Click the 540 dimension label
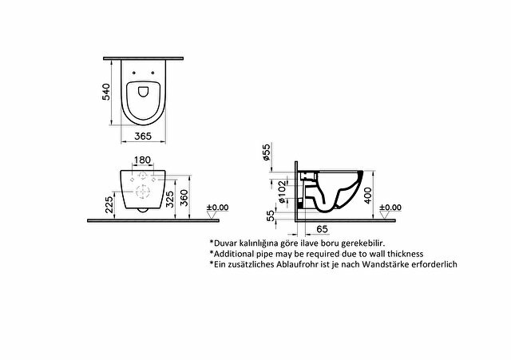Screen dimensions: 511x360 pos(106,92)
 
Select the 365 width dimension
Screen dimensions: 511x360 pos(143,136)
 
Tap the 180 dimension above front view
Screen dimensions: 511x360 pos(143,160)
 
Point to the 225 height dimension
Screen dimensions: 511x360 pos(109,203)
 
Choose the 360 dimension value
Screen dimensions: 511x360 pos(184,198)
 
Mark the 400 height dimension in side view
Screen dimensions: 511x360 pos(367,195)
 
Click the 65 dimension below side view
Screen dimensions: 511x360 pos(322,229)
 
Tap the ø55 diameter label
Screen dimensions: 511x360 pos(266,152)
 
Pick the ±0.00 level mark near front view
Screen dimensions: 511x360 pos(218,208)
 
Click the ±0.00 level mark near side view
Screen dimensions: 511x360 pos(390,208)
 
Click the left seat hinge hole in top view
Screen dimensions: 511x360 pos(134,73)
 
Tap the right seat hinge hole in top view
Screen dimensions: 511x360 pos(153,73)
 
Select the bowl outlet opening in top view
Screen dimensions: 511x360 pos(144,92)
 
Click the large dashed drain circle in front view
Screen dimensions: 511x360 pos(142,192)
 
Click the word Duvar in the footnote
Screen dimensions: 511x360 pos(225,243)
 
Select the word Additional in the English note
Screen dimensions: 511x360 pos(235,254)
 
